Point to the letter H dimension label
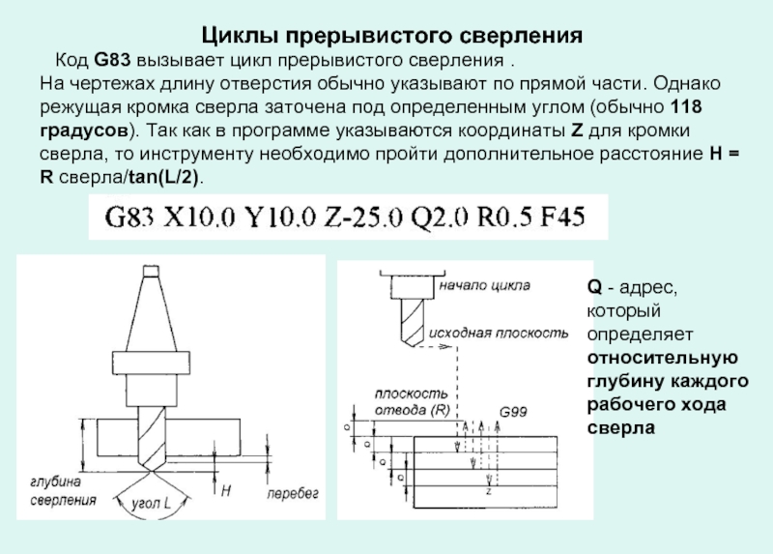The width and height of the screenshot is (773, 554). [225, 491]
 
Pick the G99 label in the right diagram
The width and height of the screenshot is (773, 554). [513, 413]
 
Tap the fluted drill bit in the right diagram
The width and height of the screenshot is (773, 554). [408, 319]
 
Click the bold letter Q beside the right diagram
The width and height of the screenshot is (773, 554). [593, 287]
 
